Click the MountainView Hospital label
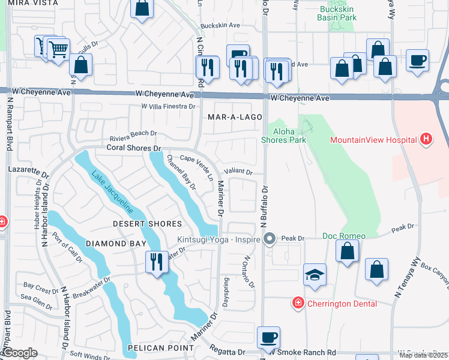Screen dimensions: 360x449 [x=373, y=140]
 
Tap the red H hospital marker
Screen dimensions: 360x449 [x=426, y=140]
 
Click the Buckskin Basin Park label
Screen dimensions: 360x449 [x=338, y=14]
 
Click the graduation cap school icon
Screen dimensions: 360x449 [x=315, y=275]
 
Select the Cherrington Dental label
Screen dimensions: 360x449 [x=342, y=304]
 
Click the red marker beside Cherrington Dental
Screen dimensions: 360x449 [x=297, y=303]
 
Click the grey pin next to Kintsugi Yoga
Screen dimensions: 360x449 [x=270, y=239]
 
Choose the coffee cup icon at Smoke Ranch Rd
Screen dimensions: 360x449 [x=268, y=337]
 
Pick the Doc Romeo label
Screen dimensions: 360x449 [x=340, y=236]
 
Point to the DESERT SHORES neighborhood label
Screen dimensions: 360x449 [x=147, y=224]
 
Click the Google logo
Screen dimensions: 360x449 [x=19, y=353]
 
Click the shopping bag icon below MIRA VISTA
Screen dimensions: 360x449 [x=142, y=9]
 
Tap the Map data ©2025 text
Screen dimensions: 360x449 [x=424, y=355]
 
